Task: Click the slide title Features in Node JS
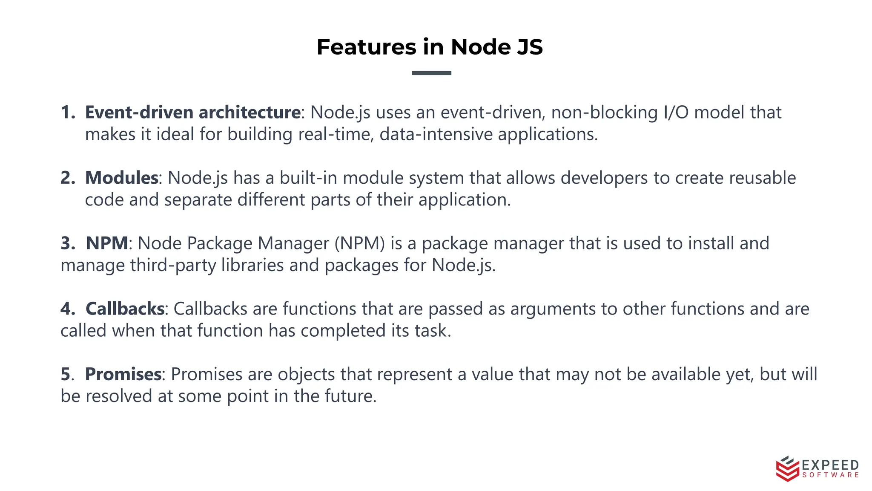point(430,47)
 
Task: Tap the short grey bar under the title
point(431,73)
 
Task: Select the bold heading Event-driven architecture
point(193,113)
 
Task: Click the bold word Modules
point(122,178)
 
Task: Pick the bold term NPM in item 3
point(107,243)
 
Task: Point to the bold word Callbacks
point(125,309)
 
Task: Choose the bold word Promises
point(123,374)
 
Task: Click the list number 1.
point(67,113)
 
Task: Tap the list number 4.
point(67,309)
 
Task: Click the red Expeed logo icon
point(787,468)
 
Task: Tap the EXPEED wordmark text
point(830,465)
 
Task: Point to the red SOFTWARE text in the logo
point(830,475)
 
